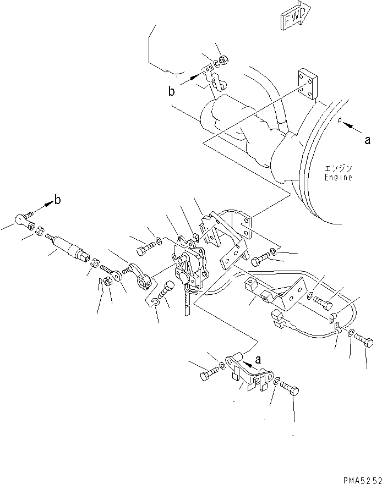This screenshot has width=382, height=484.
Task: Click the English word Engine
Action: click(337, 178)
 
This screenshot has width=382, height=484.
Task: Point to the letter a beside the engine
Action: click(367, 140)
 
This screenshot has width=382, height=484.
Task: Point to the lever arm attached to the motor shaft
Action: click(143, 279)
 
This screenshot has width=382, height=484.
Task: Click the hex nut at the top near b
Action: click(223, 60)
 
